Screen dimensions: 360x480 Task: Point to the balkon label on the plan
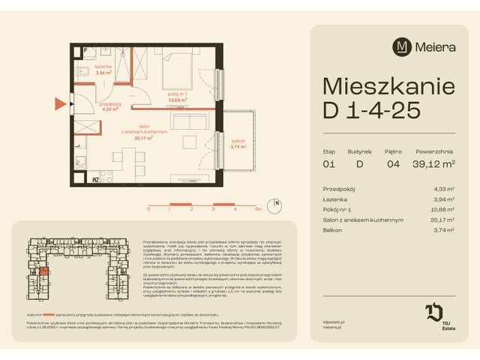pos(238,144)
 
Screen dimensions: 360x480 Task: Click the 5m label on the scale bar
pos(257,210)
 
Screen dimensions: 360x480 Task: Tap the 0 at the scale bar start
pos(148,210)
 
